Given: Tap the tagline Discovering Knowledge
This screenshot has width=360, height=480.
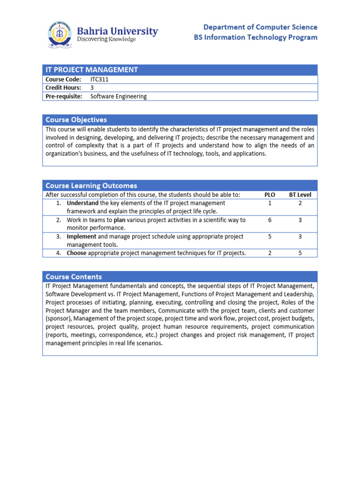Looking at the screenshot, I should [106, 40].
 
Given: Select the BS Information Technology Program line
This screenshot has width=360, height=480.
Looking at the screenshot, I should [255, 37].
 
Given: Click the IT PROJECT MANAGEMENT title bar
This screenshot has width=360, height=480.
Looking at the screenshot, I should [91, 70].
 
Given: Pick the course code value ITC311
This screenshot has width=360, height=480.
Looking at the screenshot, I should [99, 79].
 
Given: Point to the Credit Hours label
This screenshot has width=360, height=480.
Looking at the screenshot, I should [63, 88].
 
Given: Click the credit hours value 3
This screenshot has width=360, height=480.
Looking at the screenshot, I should [92, 88].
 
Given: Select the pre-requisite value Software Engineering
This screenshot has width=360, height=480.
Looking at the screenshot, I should [118, 96].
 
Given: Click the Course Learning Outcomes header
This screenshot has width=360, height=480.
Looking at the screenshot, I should [91, 186].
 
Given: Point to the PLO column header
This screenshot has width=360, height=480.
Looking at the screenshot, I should [270, 195].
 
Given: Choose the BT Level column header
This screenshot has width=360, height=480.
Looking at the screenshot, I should [300, 195].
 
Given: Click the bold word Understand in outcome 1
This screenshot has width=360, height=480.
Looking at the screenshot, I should [82, 203].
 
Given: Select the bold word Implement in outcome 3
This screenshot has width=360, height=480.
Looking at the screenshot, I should [82, 237].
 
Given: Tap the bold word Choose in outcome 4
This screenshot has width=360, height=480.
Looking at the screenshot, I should [77, 253].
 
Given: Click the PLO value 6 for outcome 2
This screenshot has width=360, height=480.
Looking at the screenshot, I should [270, 220].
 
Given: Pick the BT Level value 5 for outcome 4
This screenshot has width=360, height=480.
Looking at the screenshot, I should [300, 253].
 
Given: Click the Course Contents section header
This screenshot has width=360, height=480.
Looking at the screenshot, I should [74, 277].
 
